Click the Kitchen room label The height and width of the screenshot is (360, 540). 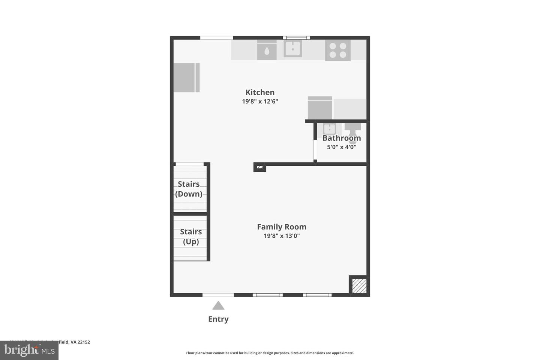point(260,92)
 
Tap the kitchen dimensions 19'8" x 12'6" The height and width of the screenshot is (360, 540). point(260,101)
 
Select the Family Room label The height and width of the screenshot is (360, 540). point(282,227)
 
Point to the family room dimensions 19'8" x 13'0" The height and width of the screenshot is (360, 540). point(282,236)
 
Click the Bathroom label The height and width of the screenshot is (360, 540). point(342,138)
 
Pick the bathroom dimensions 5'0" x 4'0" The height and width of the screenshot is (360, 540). point(342,147)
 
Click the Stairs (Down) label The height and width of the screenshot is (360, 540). point(189,189)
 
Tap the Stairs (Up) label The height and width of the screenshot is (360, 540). point(190,237)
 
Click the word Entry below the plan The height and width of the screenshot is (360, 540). point(218,319)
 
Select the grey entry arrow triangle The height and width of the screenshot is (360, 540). point(218,306)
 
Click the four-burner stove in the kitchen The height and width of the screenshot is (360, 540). point(337,50)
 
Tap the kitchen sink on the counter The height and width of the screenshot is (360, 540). point(292,49)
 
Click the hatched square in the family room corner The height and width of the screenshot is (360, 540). point(359,286)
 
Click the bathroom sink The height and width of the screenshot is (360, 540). point(329,129)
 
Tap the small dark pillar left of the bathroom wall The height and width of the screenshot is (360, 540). point(259,167)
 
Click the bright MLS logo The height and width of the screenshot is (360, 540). point(29,350)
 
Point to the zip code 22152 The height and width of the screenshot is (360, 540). point(84,342)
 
